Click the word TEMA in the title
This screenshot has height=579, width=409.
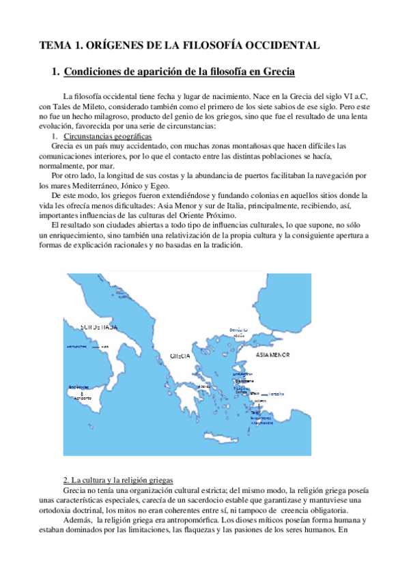click(x=53, y=46)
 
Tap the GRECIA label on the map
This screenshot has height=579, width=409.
click(x=180, y=356)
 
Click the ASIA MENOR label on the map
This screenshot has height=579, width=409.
click(x=272, y=355)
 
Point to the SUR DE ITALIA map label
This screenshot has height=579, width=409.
click(x=100, y=328)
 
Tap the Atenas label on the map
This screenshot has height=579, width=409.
click(x=203, y=386)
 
